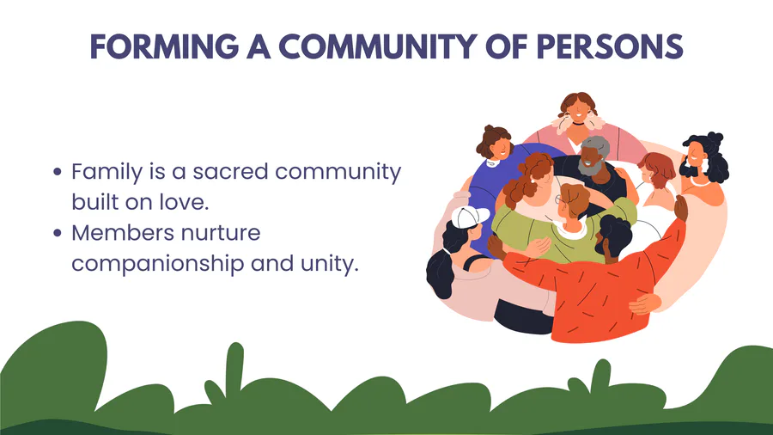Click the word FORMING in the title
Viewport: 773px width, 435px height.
(165, 47)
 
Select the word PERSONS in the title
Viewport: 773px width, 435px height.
(609, 47)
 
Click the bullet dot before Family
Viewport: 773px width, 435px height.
(58, 172)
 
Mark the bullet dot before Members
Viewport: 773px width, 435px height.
(58, 233)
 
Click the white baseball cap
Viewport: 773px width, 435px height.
(469, 217)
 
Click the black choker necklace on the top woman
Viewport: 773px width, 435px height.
(578, 123)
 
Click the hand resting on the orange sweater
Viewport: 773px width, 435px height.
(645, 303)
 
